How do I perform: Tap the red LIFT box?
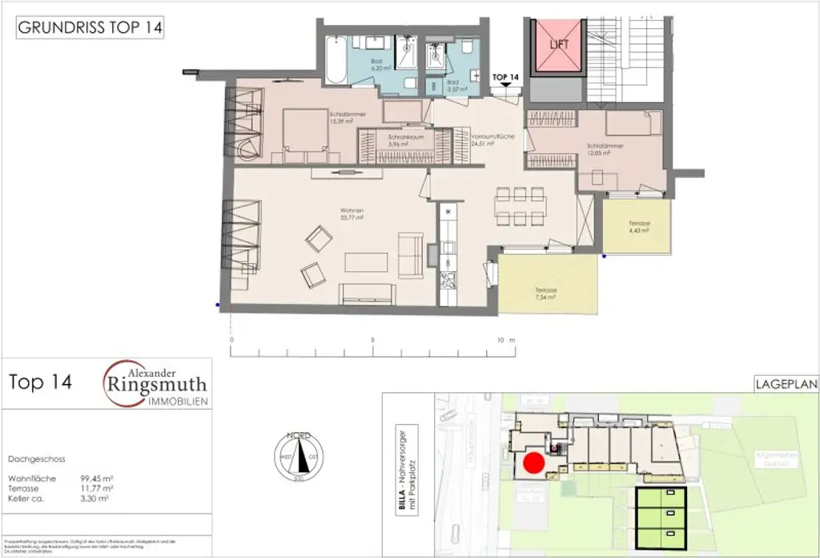click(x=560, y=44)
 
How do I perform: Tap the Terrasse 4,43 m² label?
click(x=638, y=226)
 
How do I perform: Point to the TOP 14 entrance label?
click(x=505, y=77)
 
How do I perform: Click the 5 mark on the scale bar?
click(x=372, y=340)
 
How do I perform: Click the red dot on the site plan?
click(x=533, y=462)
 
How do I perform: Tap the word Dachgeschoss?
click(x=36, y=459)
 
